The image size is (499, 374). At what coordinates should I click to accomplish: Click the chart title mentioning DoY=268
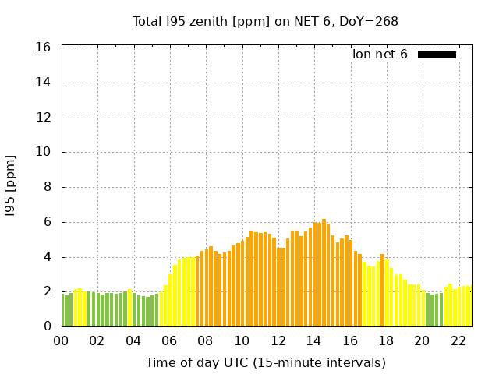(265, 21)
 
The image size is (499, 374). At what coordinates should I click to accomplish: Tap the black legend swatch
(437, 55)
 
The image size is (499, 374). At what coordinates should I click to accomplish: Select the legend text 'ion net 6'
(380, 55)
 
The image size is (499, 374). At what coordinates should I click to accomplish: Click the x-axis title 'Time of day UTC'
(265, 362)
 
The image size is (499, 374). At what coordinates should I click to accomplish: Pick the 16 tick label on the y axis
(44, 48)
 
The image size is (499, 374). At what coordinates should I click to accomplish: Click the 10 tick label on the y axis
(44, 152)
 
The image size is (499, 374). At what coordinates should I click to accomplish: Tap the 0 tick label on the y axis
(48, 326)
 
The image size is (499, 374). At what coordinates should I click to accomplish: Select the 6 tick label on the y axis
(48, 222)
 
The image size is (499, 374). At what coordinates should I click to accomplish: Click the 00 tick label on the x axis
(61, 341)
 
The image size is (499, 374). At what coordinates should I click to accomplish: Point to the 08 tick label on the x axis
(205, 341)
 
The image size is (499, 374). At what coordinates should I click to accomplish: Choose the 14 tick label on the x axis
(313, 341)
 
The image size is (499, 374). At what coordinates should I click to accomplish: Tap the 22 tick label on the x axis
(458, 341)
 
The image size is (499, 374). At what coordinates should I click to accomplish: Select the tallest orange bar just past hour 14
(324, 273)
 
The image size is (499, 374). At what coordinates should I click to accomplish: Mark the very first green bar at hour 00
(63, 310)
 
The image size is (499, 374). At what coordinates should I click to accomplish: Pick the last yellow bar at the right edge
(469, 306)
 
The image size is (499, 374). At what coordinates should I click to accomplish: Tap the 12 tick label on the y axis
(44, 118)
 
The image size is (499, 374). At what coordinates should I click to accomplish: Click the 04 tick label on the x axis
(133, 341)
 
